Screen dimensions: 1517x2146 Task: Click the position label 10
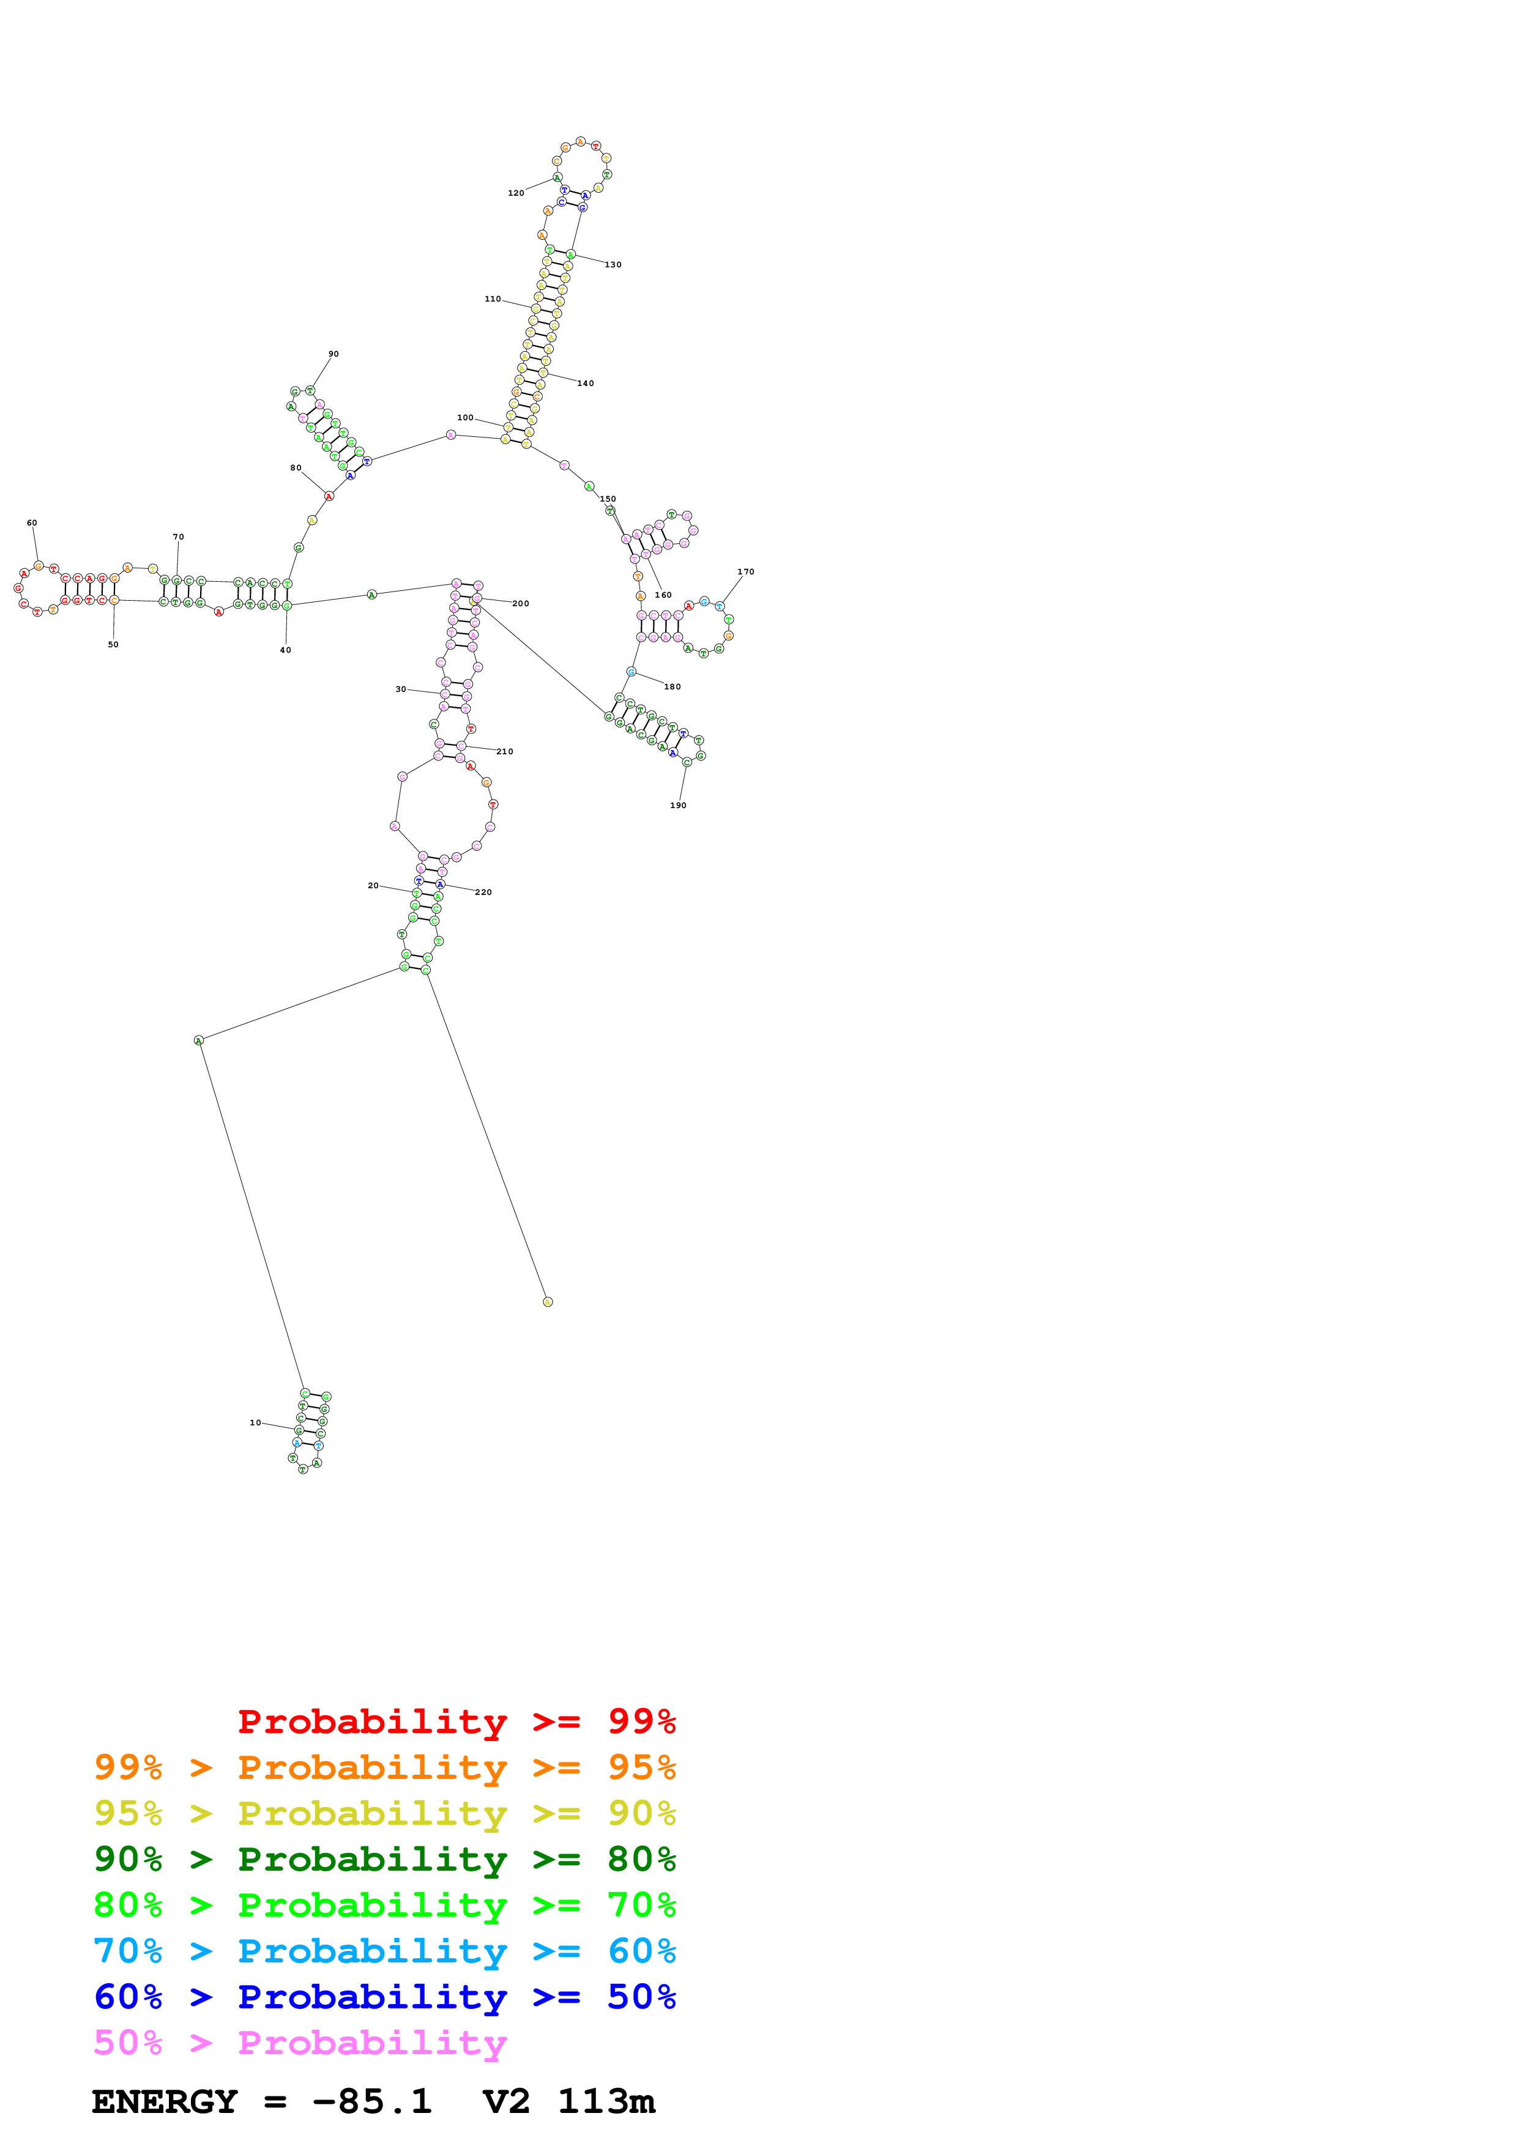[255, 1422]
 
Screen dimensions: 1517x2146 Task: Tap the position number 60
[32, 524]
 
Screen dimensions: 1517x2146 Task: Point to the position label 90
[334, 354]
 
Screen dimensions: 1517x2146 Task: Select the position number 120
[516, 193]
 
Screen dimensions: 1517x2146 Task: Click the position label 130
[613, 264]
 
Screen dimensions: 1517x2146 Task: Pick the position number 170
[746, 572]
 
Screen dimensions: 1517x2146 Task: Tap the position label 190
[679, 806]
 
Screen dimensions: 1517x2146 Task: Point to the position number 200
[521, 604]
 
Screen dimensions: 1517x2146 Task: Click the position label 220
[483, 893]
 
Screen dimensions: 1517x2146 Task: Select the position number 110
[493, 299]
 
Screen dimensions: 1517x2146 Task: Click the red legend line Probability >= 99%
[456, 1721]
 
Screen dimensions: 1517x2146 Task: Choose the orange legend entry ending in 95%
[385, 1767]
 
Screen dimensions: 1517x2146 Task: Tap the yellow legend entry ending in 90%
[385, 1813]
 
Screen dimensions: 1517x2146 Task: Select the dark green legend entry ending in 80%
[385, 1859]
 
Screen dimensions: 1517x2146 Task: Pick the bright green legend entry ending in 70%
[385, 1905]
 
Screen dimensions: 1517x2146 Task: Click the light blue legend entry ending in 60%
[385, 1951]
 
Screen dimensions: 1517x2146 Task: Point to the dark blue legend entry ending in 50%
[385, 1997]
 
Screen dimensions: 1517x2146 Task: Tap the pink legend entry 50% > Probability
[300, 2042]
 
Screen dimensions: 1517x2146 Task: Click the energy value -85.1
[372, 2102]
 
